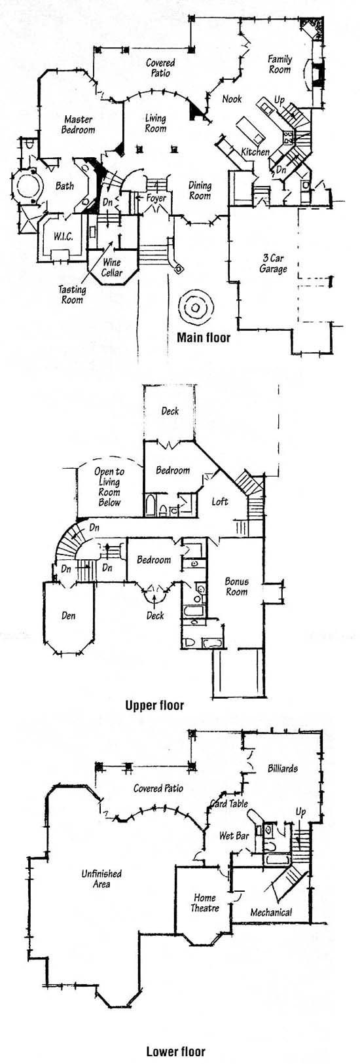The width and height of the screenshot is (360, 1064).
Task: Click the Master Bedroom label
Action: (78, 124)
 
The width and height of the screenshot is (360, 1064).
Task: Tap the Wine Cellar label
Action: (112, 267)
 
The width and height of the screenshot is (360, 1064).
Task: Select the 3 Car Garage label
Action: (274, 264)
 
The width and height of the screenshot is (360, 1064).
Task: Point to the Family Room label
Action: (279, 64)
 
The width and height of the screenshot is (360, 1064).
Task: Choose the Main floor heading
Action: (204, 338)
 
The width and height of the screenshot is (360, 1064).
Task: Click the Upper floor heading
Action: (154, 705)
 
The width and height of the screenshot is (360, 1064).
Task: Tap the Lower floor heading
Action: (175, 1052)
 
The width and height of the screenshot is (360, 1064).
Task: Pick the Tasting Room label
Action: (72, 295)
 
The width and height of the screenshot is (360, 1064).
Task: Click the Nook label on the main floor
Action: (232, 99)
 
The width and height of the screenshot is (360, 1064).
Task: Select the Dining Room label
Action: (200, 190)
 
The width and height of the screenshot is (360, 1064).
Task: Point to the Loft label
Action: (219, 502)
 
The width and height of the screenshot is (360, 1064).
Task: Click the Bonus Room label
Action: (236, 587)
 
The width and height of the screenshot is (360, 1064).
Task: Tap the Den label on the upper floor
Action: (68, 615)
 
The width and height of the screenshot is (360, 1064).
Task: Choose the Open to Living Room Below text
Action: (109, 487)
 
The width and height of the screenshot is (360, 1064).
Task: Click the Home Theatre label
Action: (205, 903)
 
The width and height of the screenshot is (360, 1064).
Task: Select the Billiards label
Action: (283, 768)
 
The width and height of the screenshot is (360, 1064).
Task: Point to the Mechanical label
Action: (271, 912)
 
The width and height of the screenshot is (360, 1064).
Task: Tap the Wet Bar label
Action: (234, 835)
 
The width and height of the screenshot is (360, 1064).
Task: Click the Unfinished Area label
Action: (101, 879)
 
